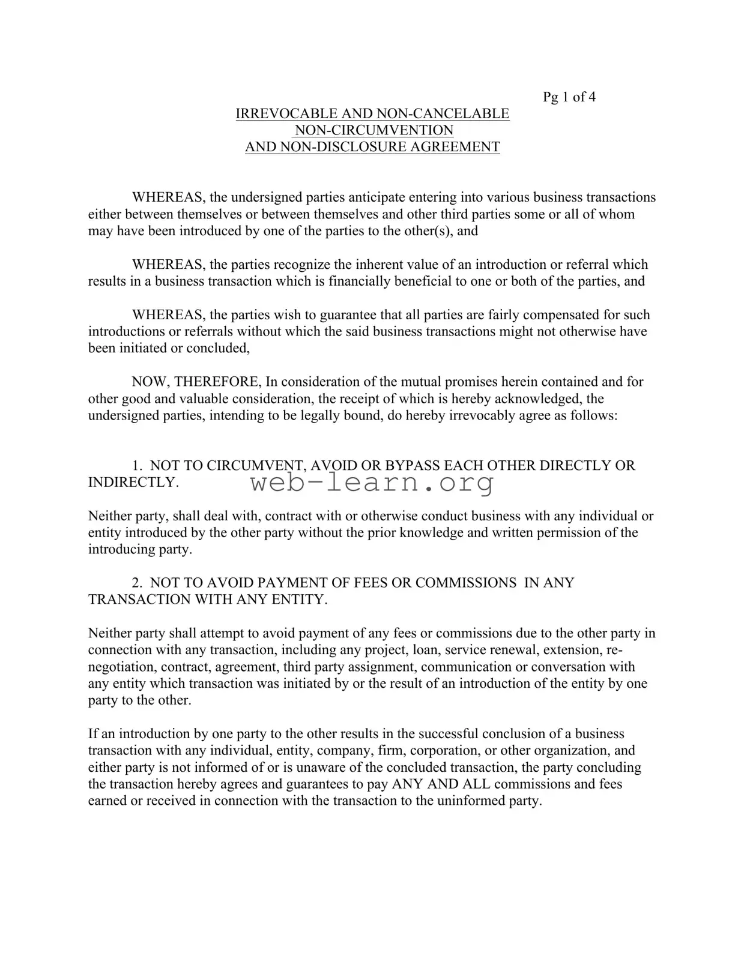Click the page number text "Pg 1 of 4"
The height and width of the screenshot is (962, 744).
(x=569, y=97)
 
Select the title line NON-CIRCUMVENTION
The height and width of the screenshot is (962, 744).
(x=373, y=130)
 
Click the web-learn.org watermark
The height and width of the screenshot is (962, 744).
(x=372, y=482)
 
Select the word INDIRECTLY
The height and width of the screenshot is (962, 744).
(x=133, y=483)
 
